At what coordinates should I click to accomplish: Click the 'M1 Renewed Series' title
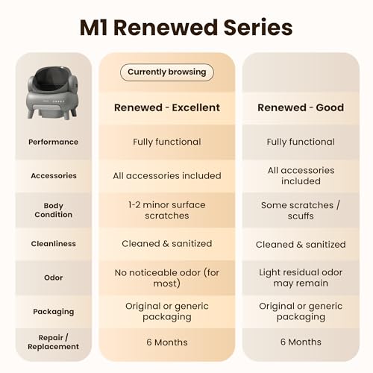click(x=186, y=28)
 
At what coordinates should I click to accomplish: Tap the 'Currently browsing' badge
click(x=167, y=72)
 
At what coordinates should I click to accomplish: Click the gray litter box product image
click(x=53, y=93)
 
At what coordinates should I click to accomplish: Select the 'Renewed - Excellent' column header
click(x=167, y=107)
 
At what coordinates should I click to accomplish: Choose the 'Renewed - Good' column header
click(x=301, y=107)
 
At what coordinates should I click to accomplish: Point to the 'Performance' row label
click(x=53, y=142)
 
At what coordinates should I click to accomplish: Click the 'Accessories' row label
click(x=54, y=176)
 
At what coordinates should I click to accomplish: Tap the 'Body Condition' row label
click(x=53, y=210)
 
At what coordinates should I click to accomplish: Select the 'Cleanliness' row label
click(x=54, y=244)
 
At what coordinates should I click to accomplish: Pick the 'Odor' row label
click(x=53, y=278)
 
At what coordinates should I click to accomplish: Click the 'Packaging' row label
click(x=54, y=312)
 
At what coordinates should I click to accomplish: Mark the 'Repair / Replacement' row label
click(x=53, y=342)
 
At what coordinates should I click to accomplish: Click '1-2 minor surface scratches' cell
click(x=167, y=210)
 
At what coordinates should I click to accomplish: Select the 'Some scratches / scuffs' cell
click(x=301, y=210)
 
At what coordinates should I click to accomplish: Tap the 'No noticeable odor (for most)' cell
click(x=167, y=278)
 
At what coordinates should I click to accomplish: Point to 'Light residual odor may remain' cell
click(x=301, y=278)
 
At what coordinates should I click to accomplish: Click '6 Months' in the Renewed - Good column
click(x=301, y=342)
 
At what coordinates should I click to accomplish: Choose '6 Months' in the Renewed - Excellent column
click(x=167, y=342)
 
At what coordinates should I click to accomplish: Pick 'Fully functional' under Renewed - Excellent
click(x=167, y=142)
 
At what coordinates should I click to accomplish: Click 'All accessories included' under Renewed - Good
click(x=301, y=176)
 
